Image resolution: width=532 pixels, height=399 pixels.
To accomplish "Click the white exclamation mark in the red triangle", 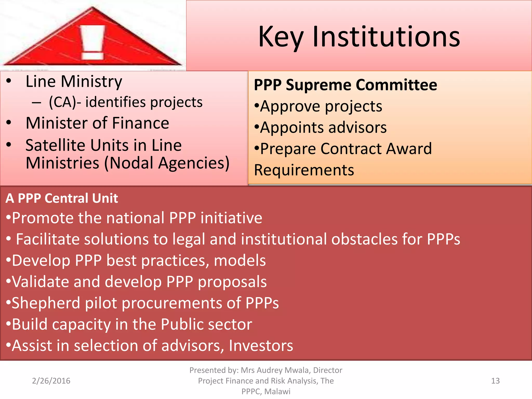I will tap(93, 42).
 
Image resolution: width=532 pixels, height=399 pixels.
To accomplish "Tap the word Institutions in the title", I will tap(386, 37).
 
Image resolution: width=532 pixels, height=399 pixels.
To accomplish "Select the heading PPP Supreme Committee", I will tap(345, 85).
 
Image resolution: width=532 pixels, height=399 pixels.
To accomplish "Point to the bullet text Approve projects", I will tap(321, 106).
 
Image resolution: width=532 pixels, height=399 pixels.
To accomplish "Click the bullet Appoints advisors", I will tap(323, 128).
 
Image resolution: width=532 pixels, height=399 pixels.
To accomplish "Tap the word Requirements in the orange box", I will tap(304, 170).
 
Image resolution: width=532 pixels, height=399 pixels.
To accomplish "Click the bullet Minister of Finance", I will tap(97, 123).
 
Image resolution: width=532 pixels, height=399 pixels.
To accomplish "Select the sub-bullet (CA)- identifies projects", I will tap(125, 102).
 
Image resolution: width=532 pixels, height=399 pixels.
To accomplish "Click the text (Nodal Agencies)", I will tap(167, 163).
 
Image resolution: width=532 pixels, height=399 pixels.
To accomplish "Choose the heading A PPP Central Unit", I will tap(62, 198).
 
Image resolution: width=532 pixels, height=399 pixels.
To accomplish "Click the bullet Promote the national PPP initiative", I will tap(137, 218).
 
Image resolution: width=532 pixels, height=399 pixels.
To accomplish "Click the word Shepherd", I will tap(46, 303).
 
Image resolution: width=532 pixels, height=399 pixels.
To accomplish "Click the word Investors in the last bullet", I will tap(261, 346).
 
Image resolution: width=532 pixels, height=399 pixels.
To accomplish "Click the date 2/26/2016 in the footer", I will tap(51, 381).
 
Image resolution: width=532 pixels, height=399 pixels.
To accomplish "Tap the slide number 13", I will tap(495, 381).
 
